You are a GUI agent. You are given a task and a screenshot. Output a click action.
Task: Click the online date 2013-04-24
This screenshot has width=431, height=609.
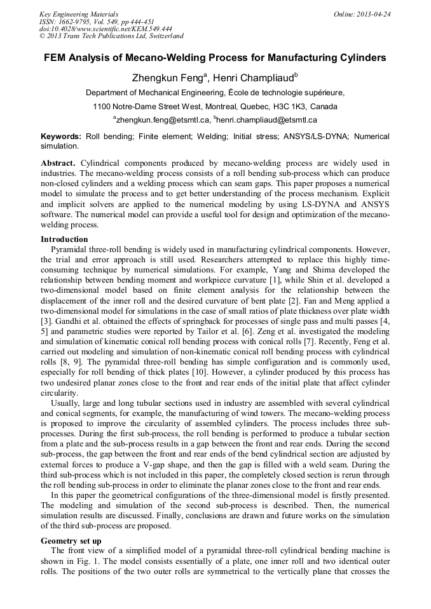point(375,14)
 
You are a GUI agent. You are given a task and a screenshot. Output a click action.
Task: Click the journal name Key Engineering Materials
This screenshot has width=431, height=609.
point(79,14)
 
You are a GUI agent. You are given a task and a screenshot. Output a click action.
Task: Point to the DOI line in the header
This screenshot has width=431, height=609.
point(106,29)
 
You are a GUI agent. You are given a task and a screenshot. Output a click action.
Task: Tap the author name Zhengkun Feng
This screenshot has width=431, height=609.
point(162,79)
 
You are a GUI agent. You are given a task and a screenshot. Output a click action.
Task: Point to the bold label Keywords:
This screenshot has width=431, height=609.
point(61,137)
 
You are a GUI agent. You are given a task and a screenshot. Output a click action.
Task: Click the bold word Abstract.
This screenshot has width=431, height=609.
point(58,163)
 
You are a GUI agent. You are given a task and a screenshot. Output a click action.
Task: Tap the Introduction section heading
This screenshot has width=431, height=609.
point(64,239)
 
